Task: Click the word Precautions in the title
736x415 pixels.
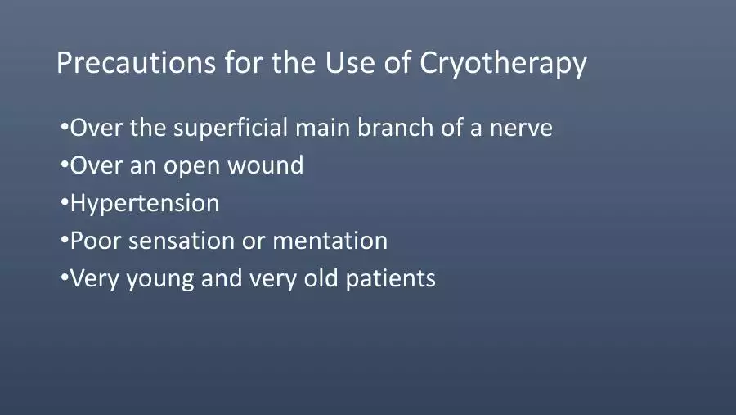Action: click(x=136, y=62)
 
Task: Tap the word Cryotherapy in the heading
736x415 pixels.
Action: click(x=503, y=63)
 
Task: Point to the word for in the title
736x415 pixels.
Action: click(x=243, y=61)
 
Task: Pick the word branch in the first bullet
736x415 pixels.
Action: click(x=395, y=127)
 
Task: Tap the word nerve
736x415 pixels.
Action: click(x=521, y=129)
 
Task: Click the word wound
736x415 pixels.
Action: click(x=265, y=165)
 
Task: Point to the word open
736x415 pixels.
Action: click(x=191, y=167)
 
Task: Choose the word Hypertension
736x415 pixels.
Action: click(x=145, y=204)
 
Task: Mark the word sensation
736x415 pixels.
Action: click(x=182, y=241)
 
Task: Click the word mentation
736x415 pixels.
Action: click(x=330, y=241)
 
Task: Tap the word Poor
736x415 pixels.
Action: click(x=96, y=240)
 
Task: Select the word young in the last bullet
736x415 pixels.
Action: click(x=160, y=279)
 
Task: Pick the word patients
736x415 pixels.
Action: click(x=391, y=278)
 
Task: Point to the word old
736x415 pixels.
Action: click(x=321, y=277)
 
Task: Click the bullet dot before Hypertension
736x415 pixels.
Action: click(x=65, y=202)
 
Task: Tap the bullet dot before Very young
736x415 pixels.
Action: click(x=65, y=277)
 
